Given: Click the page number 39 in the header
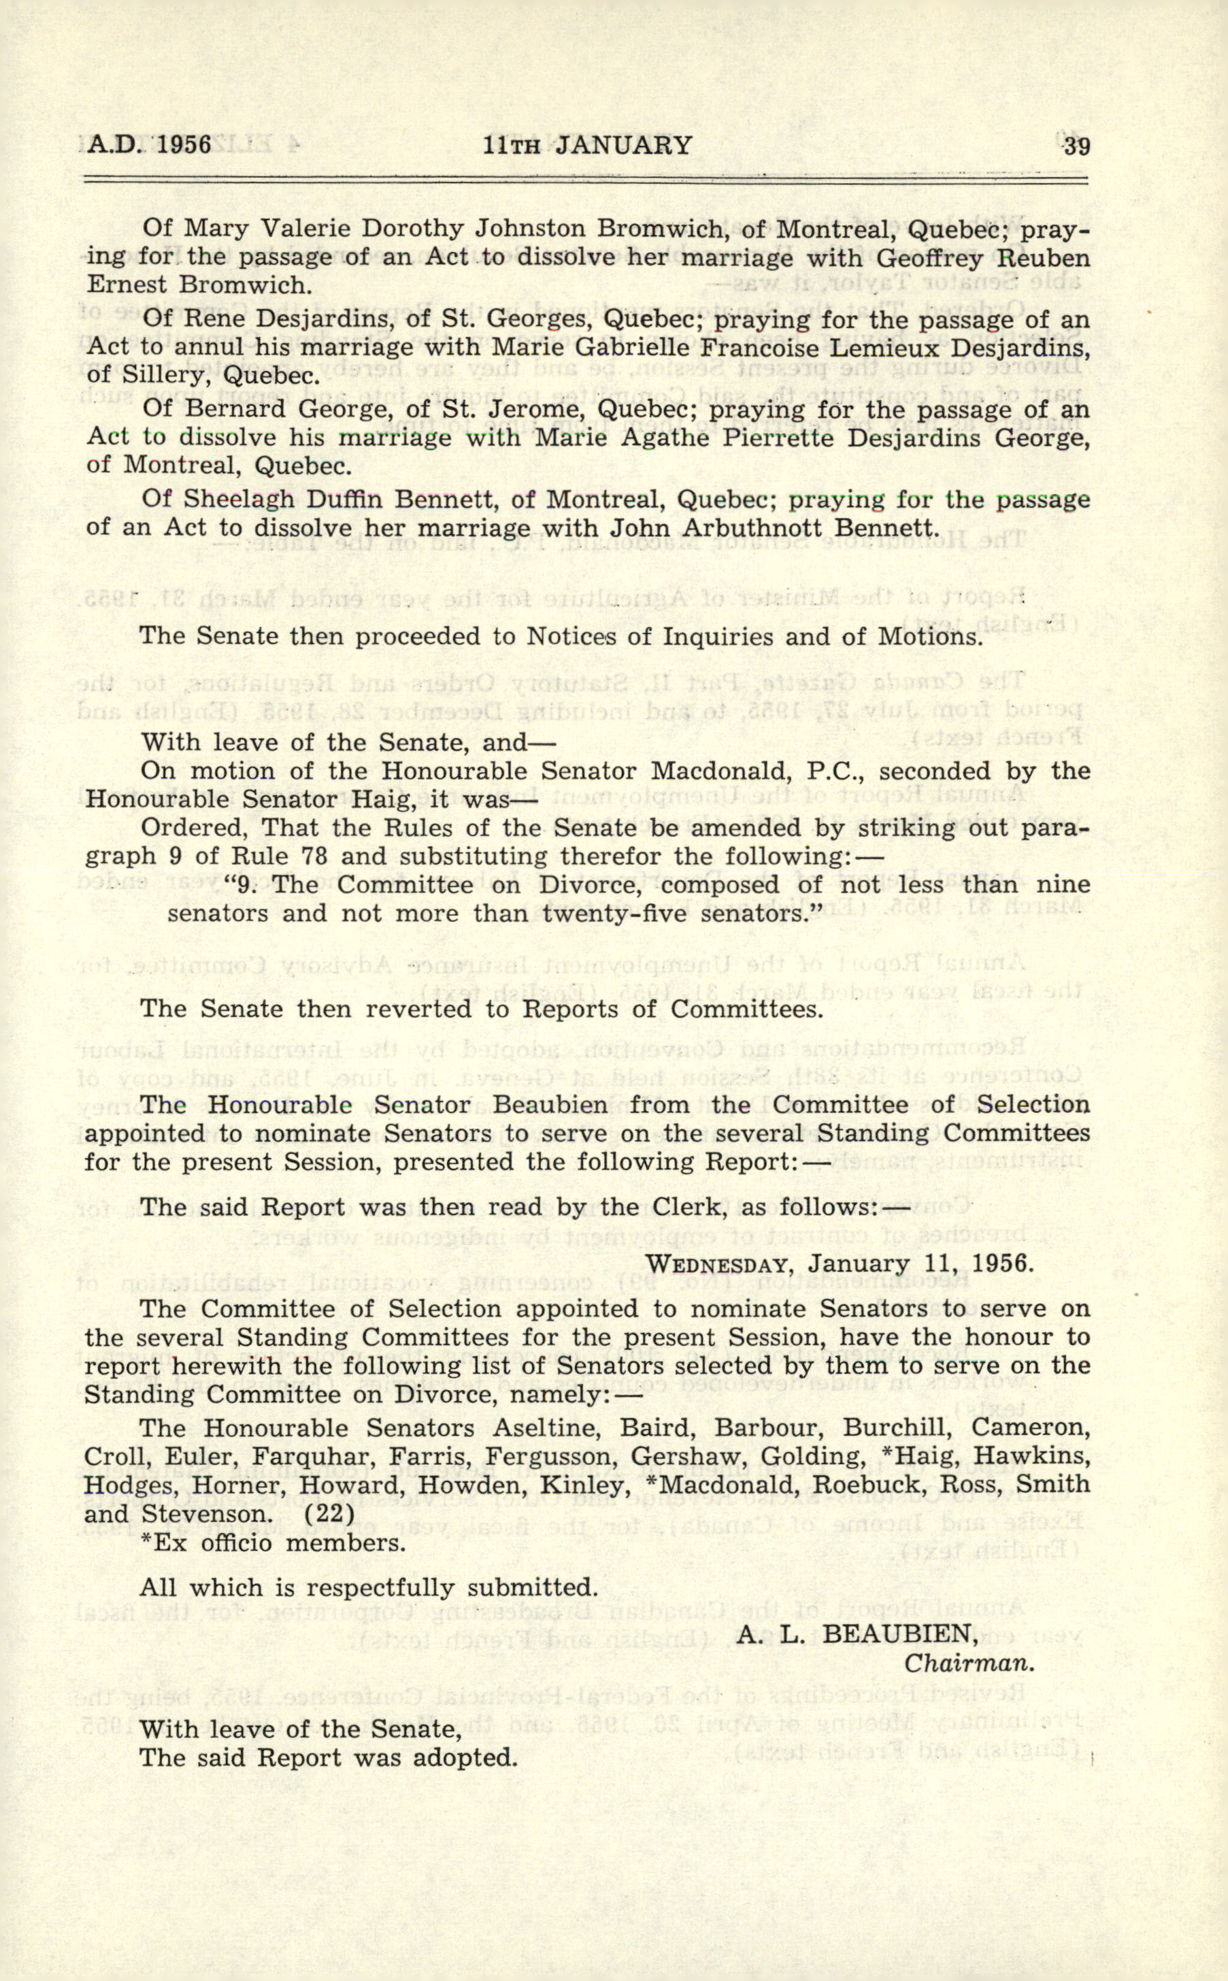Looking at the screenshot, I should [1076, 146].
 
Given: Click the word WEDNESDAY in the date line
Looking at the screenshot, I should [718, 1265].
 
